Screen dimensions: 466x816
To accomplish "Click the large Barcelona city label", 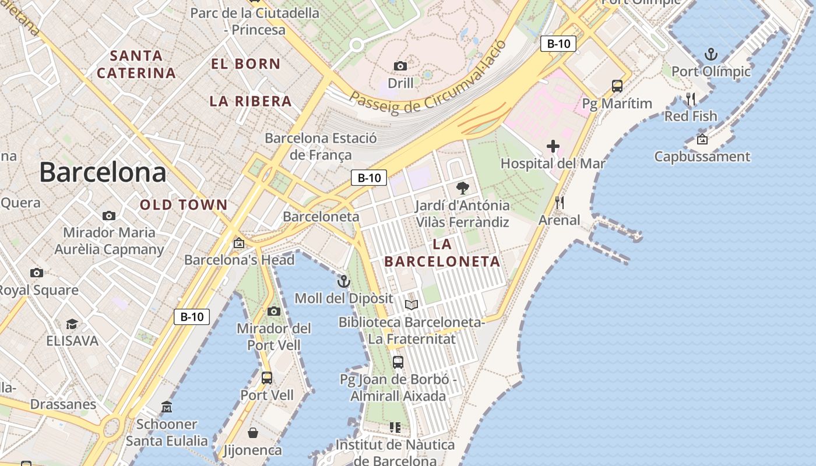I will click(x=103, y=173).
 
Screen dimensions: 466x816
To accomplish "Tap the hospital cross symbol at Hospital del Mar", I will click(x=553, y=146).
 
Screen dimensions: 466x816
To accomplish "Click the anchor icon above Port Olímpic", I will click(x=711, y=55).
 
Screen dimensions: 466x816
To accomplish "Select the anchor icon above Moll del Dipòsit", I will click(x=344, y=282).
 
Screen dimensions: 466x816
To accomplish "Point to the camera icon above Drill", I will click(x=400, y=66).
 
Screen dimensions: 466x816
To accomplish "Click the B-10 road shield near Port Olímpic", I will click(x=558, y=44).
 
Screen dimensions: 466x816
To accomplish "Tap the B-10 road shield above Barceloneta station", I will click(x=369, y=178).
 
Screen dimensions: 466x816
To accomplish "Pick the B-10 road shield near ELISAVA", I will click(x=192, y=317).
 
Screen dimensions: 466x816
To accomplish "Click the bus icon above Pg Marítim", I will click(x=617, y=86).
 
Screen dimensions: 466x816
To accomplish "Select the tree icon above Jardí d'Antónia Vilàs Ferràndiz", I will click(x=463, y=188).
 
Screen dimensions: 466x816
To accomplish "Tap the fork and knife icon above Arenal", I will click(x=560, y=203).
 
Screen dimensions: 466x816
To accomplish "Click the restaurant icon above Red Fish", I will click(x=691, y=99).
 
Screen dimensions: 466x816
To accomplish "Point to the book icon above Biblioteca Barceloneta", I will click(x=411, y=305).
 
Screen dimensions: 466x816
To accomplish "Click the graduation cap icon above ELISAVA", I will click(x=72, y=324).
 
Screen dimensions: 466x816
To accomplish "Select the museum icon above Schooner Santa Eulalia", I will click(x=167, y=407).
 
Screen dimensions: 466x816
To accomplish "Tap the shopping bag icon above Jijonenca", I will click(x=253, y=433).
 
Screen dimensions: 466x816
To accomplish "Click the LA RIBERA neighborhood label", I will click(x=251, y=101).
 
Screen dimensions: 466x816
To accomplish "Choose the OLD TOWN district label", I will click(x=184, y=205).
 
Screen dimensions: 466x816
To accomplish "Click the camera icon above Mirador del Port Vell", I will click(x=274, y=312).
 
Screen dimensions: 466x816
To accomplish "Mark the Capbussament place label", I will click(x=702, y=157).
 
